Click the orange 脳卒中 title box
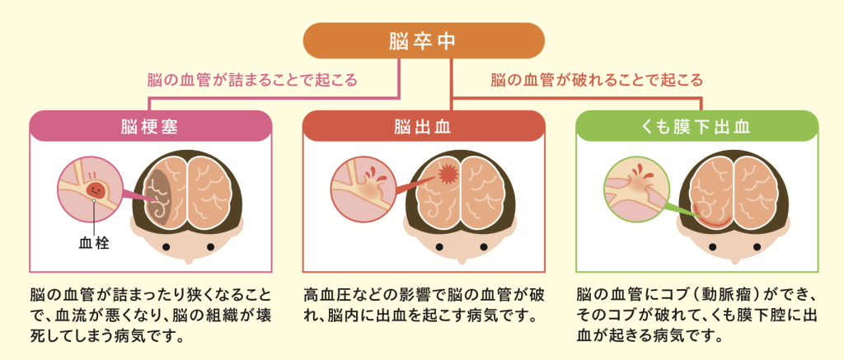point(424,40)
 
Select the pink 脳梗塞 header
point(151,127)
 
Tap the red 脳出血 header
point(424,127)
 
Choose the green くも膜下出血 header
point(697,127)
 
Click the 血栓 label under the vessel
point(94,244)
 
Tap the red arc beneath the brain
point(710,218)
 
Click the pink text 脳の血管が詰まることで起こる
point(252,81)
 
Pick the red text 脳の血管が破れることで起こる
point(597,81)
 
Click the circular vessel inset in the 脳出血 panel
point(363,189)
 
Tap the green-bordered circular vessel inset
point(637,189)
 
